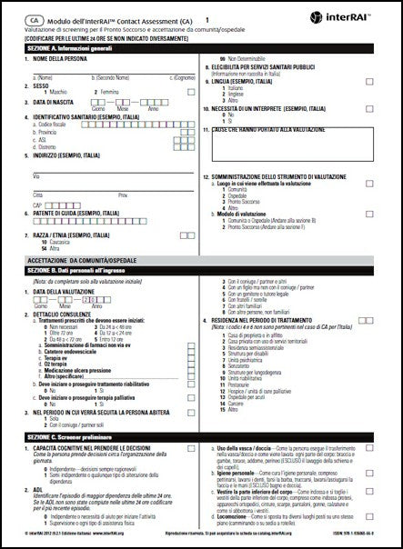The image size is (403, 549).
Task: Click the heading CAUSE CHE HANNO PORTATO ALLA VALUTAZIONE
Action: [272, 130]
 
